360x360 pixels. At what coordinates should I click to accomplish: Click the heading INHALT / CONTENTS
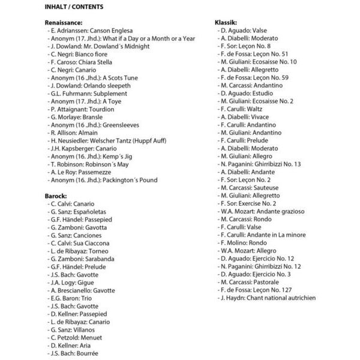pyautogui.click(x=74, y=7)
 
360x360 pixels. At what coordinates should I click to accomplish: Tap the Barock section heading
pyautogui.click(x=56, y=196)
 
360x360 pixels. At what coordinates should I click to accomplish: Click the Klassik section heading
pyautogui.click(x=230, y=22)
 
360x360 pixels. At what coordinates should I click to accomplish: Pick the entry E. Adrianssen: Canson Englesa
pyautogui.click(x=94, y=31)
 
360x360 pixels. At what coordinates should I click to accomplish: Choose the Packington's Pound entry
pyautogui.click(x=102, y=180)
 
